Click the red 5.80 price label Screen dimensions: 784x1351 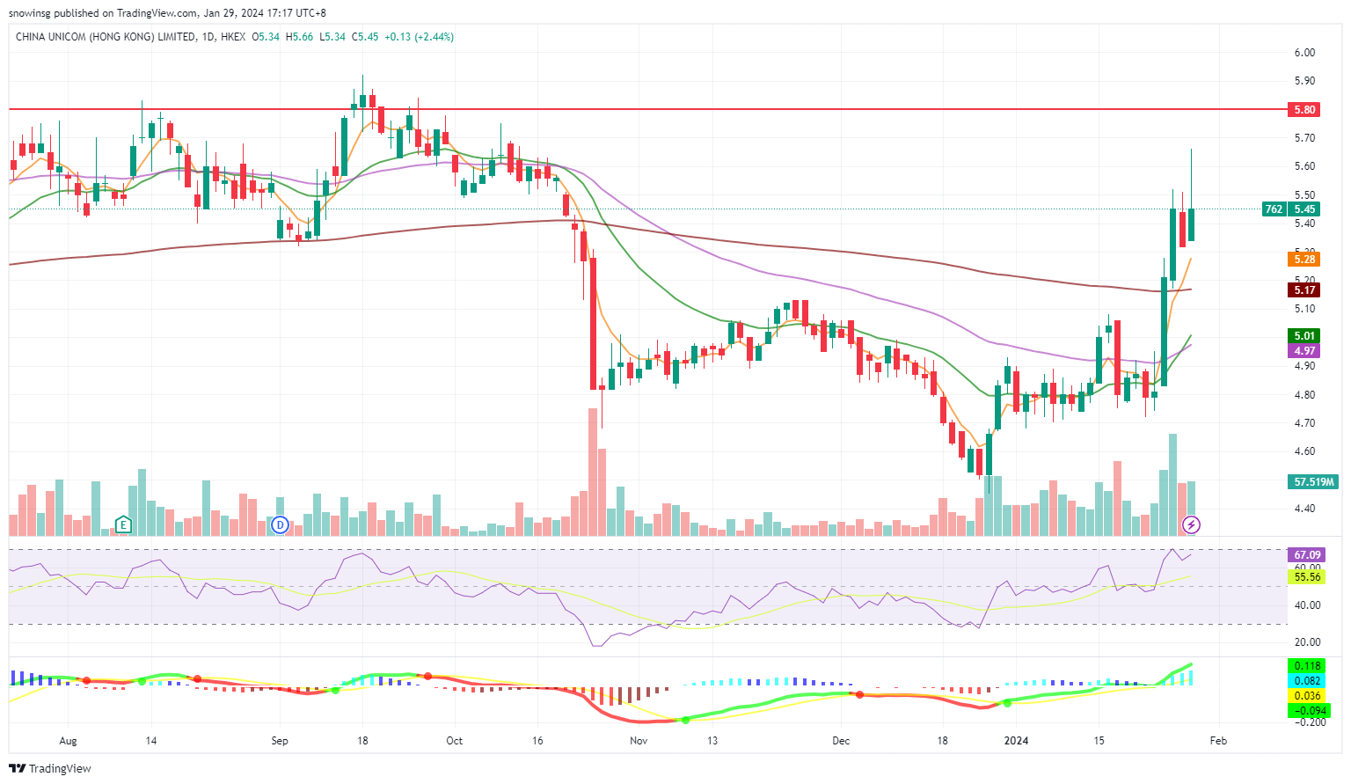point(1304,110)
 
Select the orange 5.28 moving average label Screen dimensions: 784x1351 point(1304,259)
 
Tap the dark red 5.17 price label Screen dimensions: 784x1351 point(1304,290)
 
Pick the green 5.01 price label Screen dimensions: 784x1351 point(1304,336)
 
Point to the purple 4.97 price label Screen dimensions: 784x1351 point(1304,351)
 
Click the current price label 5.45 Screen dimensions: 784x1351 point(1304,209)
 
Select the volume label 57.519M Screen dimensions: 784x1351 point(1314,482)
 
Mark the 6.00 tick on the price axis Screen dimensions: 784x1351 point(1304,53)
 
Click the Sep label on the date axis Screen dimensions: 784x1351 point(280,741)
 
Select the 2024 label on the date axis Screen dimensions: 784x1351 point(1016,741)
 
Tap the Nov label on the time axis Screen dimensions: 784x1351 point(639,741)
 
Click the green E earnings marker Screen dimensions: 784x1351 point(123,525)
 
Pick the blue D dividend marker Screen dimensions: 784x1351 point(281,525)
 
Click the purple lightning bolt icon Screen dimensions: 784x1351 point(1191,525)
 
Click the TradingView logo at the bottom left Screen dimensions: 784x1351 point(50,768)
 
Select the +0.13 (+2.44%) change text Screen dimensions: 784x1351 point(419,37)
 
